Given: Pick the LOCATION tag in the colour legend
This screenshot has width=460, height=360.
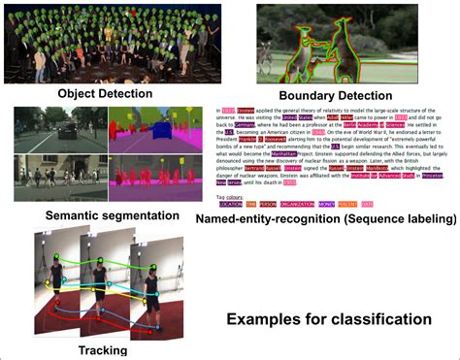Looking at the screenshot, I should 230,204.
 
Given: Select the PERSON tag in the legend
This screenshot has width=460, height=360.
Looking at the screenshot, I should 269,204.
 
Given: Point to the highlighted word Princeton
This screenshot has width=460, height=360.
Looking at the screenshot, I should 434,176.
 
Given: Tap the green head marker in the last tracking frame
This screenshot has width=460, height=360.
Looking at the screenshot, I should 149,257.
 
